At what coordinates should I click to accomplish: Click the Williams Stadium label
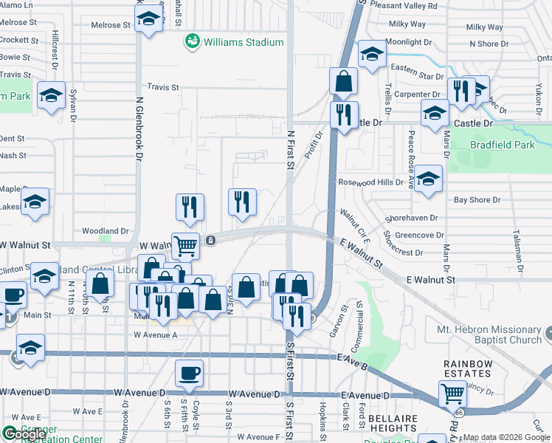[x=244, y=42]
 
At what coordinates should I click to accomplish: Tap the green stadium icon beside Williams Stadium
[x=192, y=41]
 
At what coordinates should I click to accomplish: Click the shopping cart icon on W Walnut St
[x=186, y=244]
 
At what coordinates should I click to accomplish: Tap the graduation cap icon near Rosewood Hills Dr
[x=428, y=179]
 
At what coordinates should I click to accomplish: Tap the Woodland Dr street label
[x=106, y=230]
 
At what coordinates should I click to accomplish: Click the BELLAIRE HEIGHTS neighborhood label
[x=393, y=424]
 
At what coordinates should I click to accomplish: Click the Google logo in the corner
[x=22, y=433]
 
